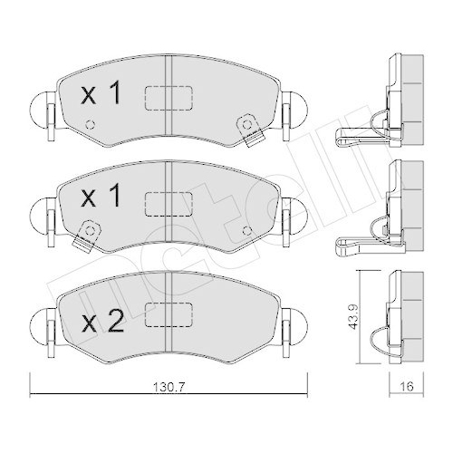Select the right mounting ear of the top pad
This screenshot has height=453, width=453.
pos(294,112)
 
